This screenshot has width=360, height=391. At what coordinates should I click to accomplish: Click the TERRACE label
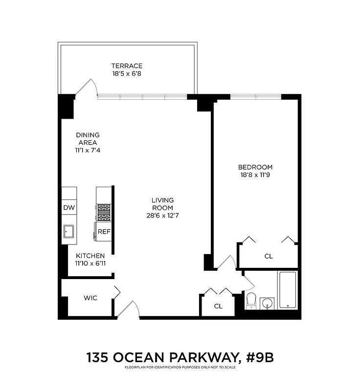tap(127, 66)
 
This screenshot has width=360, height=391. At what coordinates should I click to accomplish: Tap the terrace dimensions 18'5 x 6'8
tap(127, 74)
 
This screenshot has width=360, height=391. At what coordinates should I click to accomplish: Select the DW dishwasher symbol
tap(69, 208)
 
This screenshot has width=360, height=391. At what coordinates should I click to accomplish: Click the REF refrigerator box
tap(104, 232)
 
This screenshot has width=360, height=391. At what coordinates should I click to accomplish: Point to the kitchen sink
tap(69, 231)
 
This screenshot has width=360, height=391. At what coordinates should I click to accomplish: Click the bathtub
tap(287, 290)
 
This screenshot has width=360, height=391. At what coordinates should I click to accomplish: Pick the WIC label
tap(90, 298)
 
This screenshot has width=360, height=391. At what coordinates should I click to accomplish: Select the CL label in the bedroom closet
tap(268, 256)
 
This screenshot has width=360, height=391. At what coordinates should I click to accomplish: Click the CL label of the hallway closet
tap(218, 306)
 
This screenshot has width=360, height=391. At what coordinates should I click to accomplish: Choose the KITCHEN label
tap(90, 256)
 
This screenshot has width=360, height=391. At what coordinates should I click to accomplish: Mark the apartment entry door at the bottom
tap(127, 310)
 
